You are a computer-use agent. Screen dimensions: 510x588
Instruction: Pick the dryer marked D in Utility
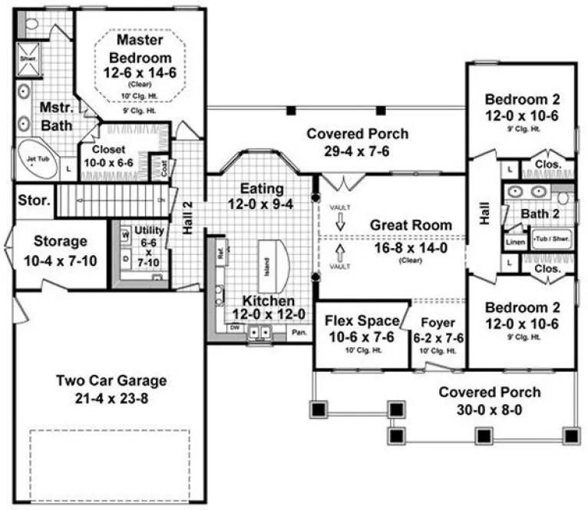point(124,260)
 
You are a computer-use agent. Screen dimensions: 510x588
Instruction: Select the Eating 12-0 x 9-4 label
point(262,196)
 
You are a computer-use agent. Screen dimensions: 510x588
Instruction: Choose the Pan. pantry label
point(299,333)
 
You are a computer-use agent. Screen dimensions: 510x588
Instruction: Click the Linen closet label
point(513,242)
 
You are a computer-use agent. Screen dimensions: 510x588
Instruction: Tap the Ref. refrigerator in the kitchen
point(220,250)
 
